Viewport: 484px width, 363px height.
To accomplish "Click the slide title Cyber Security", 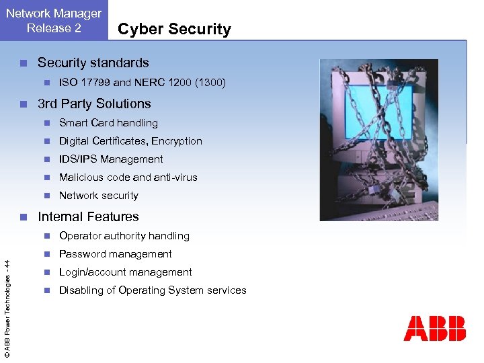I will pos(174,29).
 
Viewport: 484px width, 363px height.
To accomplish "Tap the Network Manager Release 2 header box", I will pos(54,20).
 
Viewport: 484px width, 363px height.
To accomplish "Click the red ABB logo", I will pos(434,329).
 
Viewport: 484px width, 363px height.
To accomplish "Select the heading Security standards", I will pos(93,63).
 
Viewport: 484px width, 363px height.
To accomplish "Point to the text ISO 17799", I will pos(84,83).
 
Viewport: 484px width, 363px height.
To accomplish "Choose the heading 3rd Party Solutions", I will pos(94,104).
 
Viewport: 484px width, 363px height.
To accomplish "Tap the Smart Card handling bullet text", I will pos(108,123).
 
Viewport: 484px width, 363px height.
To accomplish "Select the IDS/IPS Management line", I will pos(111,159).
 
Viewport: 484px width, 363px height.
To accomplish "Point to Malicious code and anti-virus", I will pos(128,177).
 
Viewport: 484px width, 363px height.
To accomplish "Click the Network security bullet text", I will pos(99,196).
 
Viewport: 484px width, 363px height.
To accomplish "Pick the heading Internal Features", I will pos(88,216).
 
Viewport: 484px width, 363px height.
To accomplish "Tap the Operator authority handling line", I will pos(124,236).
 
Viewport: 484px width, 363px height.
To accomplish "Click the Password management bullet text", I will pos(116,254).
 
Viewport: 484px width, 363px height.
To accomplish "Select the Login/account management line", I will pos(126,272).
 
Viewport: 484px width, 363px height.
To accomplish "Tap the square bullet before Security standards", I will pos(23,63).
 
